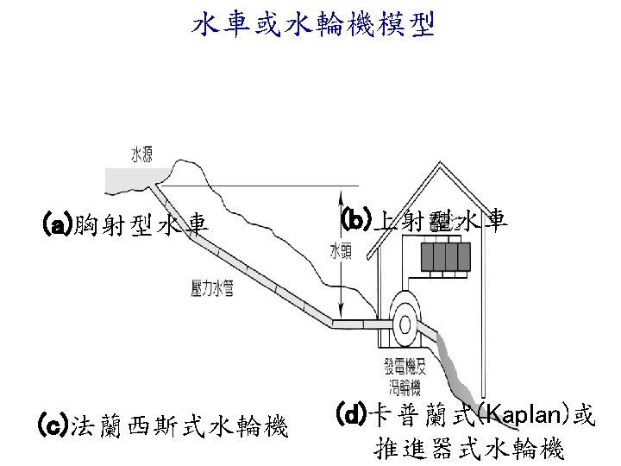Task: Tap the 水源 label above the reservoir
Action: coord(141,155)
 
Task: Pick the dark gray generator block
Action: coord(445,256)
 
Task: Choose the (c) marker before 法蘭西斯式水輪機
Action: coord(53,425)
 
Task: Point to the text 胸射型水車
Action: coord(141,226)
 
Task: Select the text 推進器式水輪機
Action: coord(469,449)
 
